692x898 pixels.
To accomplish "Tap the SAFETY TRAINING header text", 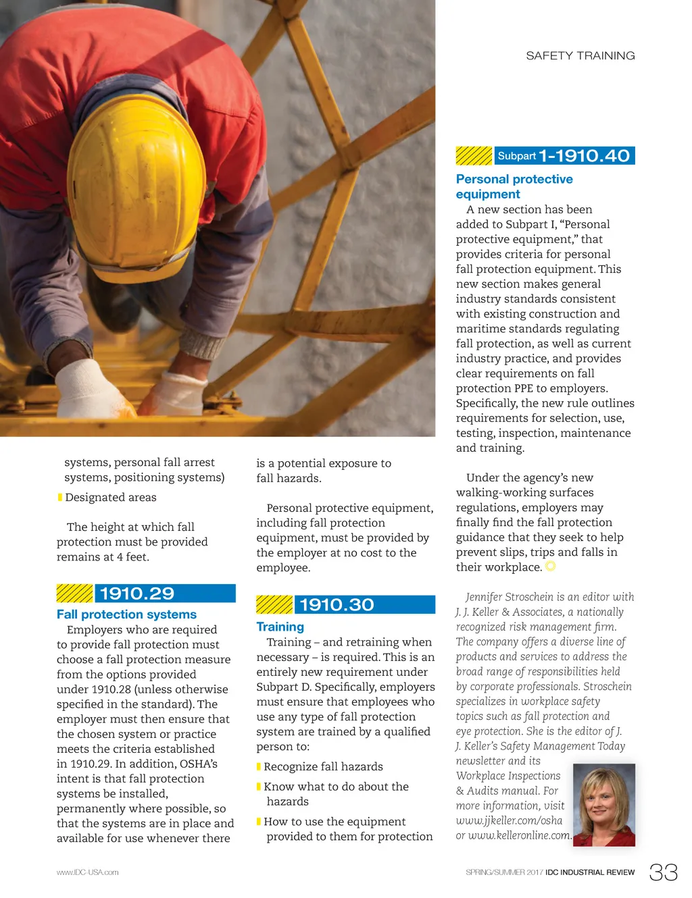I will tap(580, 55).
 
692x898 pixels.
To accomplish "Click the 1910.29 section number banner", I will tap(165, 593).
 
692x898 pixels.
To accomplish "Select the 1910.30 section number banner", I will tap(364, 604).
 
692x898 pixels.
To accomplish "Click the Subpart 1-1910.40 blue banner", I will tap(564, 156).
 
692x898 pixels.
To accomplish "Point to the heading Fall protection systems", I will tap(126, 614).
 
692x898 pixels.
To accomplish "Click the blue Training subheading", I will tap(280, 627).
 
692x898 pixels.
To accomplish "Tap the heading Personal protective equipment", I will tap(514, 186).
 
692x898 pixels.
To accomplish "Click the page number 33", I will tap(663, 872).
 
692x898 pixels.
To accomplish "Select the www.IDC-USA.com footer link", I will tap(87, 872).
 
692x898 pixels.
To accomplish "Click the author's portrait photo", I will tap(603, 805).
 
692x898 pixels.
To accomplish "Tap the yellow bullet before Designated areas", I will tap(59, 498).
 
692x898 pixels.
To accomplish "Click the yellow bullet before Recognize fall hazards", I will tap(259, 767).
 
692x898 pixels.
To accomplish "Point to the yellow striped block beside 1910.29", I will tap(74, 593).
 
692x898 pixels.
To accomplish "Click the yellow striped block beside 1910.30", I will tap(274, 604).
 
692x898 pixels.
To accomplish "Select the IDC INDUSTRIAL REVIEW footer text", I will tap(590, 872).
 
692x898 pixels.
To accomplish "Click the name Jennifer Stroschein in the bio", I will tap(509, 597).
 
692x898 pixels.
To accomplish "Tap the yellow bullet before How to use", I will tap(259, 822).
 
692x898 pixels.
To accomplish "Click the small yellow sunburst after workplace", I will tap(550, 566).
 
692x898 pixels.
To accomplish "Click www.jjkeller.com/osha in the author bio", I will tap(509, 820).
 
